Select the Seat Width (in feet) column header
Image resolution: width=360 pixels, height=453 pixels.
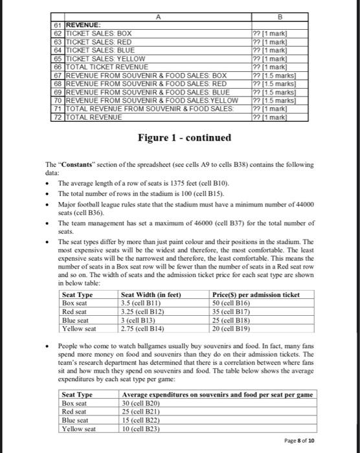[151, 295]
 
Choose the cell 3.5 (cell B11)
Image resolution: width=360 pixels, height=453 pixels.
[143, 302]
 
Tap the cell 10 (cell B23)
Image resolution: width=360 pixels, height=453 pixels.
[144, 428]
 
